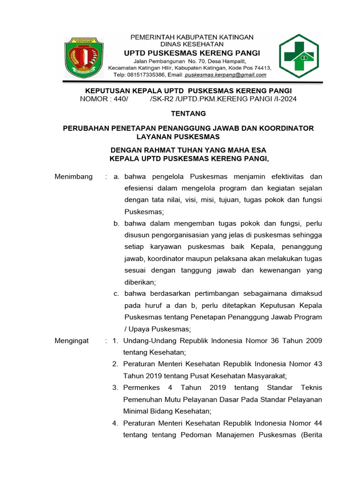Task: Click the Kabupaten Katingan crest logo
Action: click(82, 58)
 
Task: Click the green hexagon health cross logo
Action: click(299, 55)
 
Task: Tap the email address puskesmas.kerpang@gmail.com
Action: click(225, 75)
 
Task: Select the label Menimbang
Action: click(74, 177)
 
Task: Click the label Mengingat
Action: click(72, 341)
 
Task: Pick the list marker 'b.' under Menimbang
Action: click(117, 224)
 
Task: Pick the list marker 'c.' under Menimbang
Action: click(117, 294)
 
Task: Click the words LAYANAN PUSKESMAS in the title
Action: click(178, 136)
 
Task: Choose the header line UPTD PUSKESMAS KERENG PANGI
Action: click(191, 52)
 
